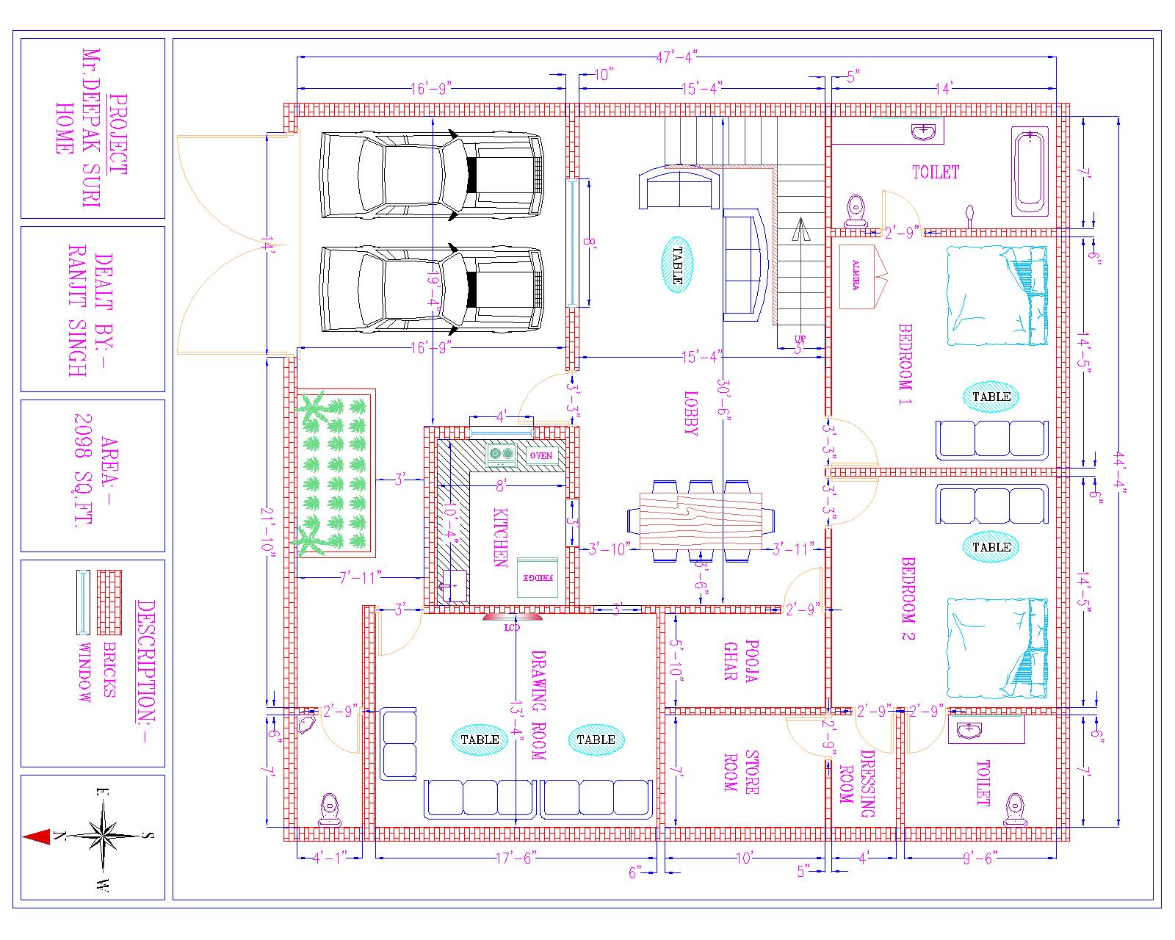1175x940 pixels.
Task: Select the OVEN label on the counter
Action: click(x=541, y=456)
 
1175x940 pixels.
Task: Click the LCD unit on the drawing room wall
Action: click(x=512, y=618)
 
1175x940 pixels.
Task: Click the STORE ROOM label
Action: click(x=740, y=771)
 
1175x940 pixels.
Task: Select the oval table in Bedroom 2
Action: click(x=991, y=547)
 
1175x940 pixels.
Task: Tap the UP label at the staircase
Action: click(x=800, y=339)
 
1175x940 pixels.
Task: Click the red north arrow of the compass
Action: click(x=37, y=836)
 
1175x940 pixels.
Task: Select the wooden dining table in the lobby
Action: click(x=701, y=521)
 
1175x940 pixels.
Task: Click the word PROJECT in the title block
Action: click(x=117, y=135)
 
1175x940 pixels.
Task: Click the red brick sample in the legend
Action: click(x=109, y=602)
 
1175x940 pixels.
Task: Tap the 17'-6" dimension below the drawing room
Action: click(x=516, y=857)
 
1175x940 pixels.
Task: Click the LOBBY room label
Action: click(x=691, y=413)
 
